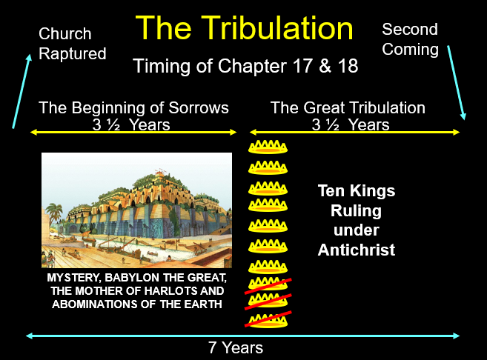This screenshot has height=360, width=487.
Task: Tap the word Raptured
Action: click(73, 54)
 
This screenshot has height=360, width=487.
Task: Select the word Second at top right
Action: click(410, 29)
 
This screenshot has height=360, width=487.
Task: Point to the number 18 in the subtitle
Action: click(348, 66)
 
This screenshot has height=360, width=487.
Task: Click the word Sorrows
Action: click(199, 108)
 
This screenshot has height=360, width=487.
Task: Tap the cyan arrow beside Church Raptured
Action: click(21, 91)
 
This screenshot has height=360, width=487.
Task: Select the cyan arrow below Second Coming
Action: click(457, 82)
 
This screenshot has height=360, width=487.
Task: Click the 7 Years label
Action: click(236, 347)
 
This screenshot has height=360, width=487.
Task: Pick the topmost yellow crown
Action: click(268, 147)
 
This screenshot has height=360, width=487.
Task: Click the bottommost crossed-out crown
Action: click(268, 320)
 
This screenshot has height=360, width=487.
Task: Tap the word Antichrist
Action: click(357, 250)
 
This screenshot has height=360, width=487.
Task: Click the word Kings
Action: click(372, 190)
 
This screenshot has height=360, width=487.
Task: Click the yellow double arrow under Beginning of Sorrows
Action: click(133, 133)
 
